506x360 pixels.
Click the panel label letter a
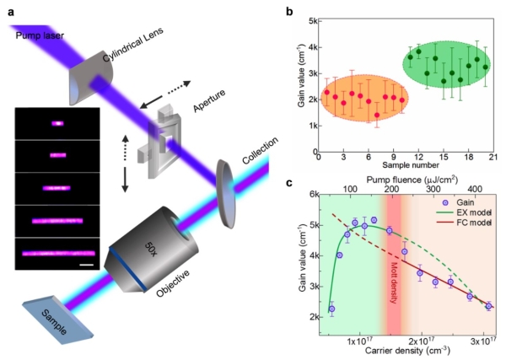click(8, 9)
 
